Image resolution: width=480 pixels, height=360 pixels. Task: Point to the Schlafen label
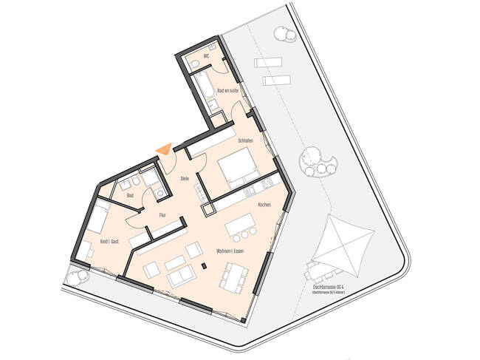point(247,140)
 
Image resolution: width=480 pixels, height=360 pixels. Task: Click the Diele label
point(185,178)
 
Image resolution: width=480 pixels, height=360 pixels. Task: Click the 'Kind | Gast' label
point(112,242)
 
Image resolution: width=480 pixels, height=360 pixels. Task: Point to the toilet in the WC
point(193,66)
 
